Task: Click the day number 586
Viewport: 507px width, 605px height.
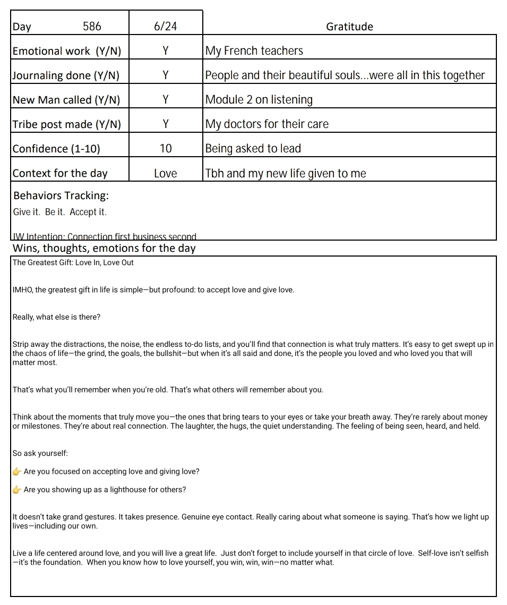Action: point(92,27)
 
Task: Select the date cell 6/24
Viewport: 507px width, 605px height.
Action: point(165,27)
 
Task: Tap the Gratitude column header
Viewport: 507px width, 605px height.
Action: point(349,27)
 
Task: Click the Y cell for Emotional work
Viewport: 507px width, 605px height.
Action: point(165,51)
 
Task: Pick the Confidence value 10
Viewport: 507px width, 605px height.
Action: point(166,149)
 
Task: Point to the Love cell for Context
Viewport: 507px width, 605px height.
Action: point(166,173)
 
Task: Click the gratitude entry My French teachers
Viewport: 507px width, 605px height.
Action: point(254,51)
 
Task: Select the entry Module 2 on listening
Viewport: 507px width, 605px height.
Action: point(259,100)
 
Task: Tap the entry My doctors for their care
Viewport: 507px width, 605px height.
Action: point(267,124)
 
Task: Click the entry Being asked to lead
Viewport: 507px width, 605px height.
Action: point(253,149)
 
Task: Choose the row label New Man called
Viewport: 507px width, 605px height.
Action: point(66,100)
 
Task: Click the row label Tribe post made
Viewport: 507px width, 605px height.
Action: point(66,124)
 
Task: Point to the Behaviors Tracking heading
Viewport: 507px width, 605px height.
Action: point(61,195)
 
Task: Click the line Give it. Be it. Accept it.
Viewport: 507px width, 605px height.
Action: point(59,212)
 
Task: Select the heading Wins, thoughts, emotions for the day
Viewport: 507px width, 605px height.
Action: point(104,248)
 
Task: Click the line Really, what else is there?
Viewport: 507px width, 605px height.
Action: point(56,317)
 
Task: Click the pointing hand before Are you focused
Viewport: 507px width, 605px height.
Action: point(17,472)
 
